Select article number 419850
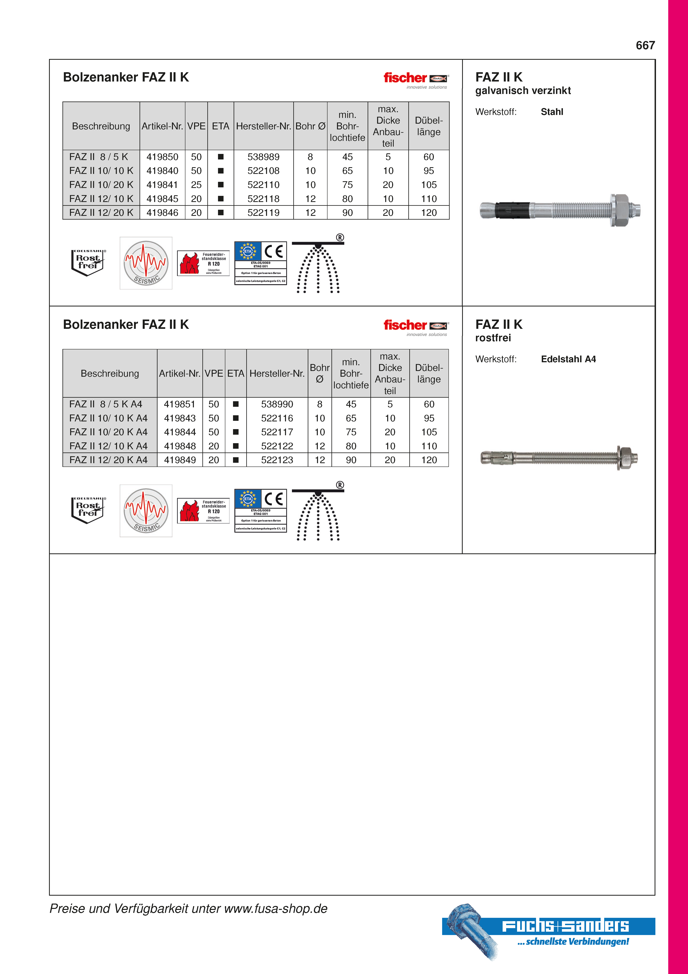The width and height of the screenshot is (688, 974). point(162,157)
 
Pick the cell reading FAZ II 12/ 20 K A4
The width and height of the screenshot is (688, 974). point(109,460)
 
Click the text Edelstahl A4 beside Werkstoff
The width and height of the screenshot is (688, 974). point(568,359)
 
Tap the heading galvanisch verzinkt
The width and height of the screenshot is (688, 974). point(523,91)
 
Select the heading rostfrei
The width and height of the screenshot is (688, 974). point(493,338)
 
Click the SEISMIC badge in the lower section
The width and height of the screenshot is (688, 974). point(146,511)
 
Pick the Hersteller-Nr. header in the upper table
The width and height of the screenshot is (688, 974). point(263,126)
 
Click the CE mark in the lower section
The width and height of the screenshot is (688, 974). point(273,499)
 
